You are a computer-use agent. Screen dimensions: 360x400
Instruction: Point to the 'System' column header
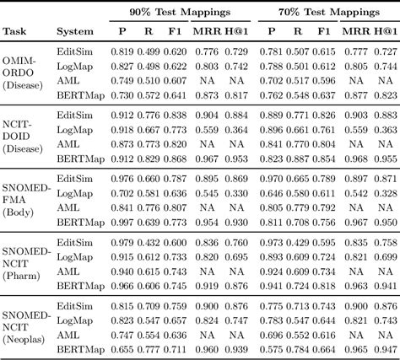point(74,33)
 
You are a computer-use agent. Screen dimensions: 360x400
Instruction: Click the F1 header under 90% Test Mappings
point(176,33)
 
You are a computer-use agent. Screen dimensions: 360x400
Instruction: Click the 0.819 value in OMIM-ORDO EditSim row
point(124,52)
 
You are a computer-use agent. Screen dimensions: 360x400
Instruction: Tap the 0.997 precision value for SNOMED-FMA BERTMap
point(124,221)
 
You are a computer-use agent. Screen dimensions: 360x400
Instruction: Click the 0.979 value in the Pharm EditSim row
point(124,243)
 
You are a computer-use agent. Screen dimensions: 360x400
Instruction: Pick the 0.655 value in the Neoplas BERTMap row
point(124,348)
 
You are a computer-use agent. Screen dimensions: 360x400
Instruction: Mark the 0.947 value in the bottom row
point(384,348)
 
